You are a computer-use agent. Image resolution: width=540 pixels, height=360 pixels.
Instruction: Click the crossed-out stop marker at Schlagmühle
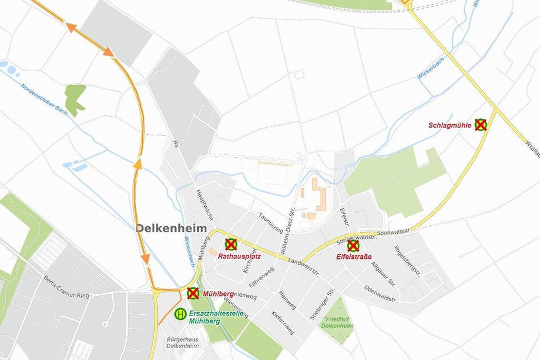coord(481,125)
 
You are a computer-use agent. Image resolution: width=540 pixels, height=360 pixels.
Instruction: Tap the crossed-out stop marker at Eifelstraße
coord(353,246)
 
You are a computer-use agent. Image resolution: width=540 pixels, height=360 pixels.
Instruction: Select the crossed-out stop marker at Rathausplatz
coord(231,245)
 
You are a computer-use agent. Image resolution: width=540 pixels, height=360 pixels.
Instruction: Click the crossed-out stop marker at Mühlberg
coord(193,293)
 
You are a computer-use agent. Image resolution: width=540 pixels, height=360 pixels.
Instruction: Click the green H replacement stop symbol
coord(180,313)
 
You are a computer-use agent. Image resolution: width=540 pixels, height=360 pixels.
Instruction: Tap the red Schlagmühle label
coord(450,125)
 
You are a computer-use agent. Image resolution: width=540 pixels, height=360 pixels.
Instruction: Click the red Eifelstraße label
coord(354,257)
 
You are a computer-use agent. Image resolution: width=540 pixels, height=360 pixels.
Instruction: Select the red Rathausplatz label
coord(239,256)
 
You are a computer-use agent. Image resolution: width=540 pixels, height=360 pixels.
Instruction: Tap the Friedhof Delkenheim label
coord(337,322)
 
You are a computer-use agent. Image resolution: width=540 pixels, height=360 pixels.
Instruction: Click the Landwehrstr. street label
coord(304,267)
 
